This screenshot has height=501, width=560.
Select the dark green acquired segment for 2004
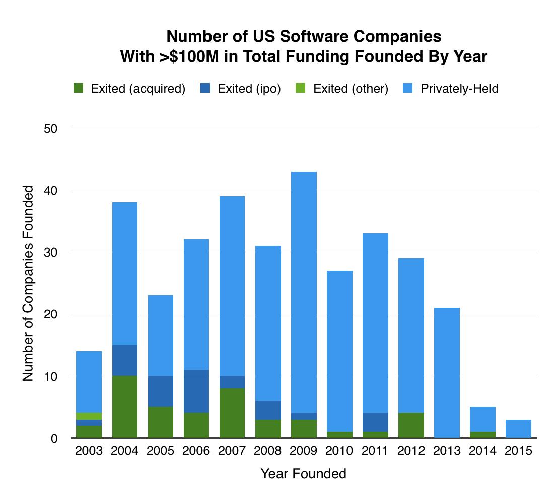click(x=124, y=406)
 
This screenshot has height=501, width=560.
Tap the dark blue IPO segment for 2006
click(x=196, y=391)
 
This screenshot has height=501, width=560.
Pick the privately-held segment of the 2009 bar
click(x=304, y=292)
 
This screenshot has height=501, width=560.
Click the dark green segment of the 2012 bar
click(x=411, y=426)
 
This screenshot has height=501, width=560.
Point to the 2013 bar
click(x=447, y=372)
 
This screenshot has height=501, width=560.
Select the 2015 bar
click(x=518, y=429)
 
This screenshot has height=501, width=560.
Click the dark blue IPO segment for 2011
click(x=375, y=423)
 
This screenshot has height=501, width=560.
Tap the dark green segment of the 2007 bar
click(x=232, y=412)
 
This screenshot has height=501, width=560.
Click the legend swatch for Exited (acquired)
click(x=78, y=89)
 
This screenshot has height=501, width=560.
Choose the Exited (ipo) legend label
click(x=249, y=89)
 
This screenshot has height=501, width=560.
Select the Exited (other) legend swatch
click(x=301, y=89)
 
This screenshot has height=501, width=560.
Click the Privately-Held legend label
click(x=459, y=89)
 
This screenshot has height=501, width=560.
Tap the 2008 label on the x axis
click(x=268, y=451)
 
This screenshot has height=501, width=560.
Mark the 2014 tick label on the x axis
click(x=482, y=451)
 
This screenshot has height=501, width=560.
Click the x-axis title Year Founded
click(x=303, y=474)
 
